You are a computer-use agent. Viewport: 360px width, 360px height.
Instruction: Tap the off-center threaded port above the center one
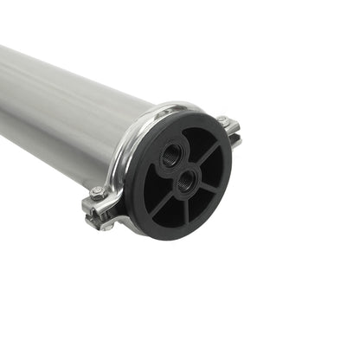173,154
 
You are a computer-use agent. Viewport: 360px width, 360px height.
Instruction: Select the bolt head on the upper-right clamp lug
223,122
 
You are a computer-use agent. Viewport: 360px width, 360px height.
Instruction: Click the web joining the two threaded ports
179,168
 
